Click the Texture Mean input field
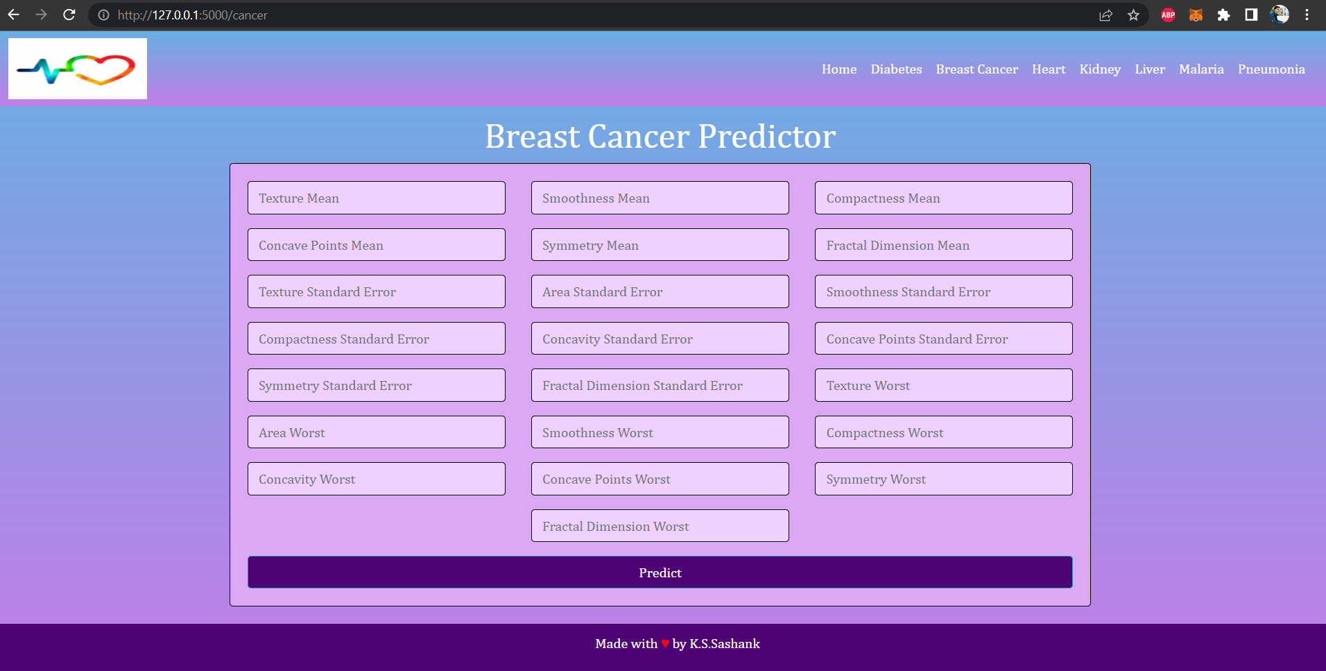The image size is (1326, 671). coord(376,198)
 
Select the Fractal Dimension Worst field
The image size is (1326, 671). coord(660,526)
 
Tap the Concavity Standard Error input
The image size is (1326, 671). coord(660,339)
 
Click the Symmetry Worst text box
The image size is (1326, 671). coord(943,479)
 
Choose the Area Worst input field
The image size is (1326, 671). coord(376,432)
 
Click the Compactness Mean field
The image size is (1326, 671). coord(943,198)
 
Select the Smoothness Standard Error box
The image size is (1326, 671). coord(943,291)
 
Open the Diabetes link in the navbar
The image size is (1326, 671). coord(896,69)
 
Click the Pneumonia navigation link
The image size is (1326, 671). coord(1271,69)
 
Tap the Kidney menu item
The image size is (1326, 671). coord(1100,69)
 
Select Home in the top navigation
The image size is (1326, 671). coord(839,69)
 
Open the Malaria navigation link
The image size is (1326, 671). coord(1201,69)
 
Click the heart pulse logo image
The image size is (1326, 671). coord(78,69)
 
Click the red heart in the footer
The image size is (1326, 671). coord(665,644)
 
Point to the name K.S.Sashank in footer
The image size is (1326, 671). coord(725,644)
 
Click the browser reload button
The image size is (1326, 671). coord(69,15)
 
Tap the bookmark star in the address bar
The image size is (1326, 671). coord(1133,15)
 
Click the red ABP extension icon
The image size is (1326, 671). coord(1168,15)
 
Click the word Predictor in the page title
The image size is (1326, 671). coord(766,136)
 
